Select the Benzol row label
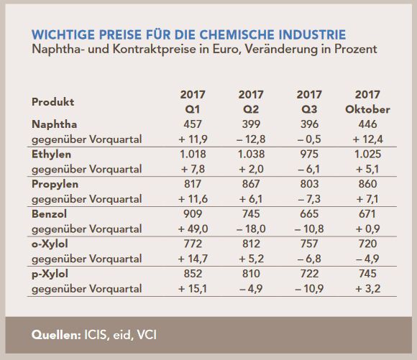pos(50,214)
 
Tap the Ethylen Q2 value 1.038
pos(251,154)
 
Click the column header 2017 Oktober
pos(368,102)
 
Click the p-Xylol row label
pos(51,274)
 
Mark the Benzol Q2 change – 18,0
pos(251,229)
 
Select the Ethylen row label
pos(52,154)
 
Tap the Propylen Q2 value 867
pos(251,185)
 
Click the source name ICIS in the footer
pos(101,336)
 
